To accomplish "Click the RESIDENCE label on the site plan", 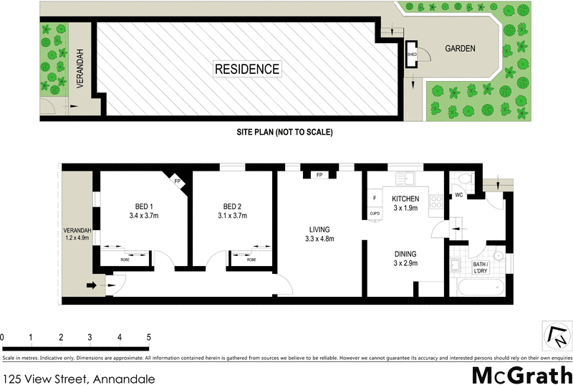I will click(247, 69).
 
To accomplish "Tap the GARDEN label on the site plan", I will click(461, 49).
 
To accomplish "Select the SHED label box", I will click(412, 54).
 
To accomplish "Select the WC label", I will click(458, 195).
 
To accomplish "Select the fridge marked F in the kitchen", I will click(373, 199).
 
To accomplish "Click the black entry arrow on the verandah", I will click(91, 285).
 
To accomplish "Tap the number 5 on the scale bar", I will click(148, 337).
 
